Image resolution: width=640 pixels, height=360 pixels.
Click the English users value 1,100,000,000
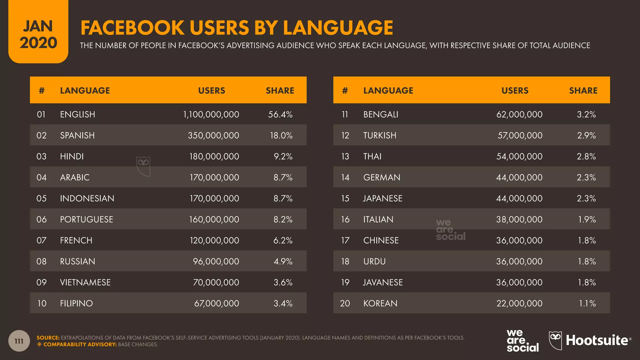pos(211,114)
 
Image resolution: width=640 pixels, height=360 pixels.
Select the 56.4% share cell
pos(280,114)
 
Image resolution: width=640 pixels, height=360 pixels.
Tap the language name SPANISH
pos(77,135)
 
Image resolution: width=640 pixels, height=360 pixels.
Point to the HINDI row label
pos(72,156)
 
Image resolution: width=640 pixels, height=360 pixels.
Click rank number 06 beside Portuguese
pos(42,219)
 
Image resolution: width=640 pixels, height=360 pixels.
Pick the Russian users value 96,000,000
pos(216,261)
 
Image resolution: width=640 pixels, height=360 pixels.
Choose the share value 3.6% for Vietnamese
pos(283,282)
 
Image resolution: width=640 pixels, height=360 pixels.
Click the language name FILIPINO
pos(76,303)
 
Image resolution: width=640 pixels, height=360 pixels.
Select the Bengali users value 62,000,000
pos(519,114)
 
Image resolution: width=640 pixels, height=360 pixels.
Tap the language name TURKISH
pos(380,135)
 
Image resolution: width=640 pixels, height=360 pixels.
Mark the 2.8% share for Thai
pos(586,156)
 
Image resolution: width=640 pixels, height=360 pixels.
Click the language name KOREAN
pos(380,303)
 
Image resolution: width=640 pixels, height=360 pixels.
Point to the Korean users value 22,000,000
pos(519,303)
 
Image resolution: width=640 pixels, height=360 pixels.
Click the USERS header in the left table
pos(212,91)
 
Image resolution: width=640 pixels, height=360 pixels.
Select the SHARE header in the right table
pos(583,91)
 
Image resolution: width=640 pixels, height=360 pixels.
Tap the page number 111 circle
pos(19,341)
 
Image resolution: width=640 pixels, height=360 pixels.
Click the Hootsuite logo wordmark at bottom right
pos(597,341)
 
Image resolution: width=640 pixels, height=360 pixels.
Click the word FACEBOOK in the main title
pos(132,28)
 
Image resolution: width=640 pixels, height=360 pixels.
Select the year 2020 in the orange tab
pos(38,43)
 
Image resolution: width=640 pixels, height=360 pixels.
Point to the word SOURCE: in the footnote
pos(48,338)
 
